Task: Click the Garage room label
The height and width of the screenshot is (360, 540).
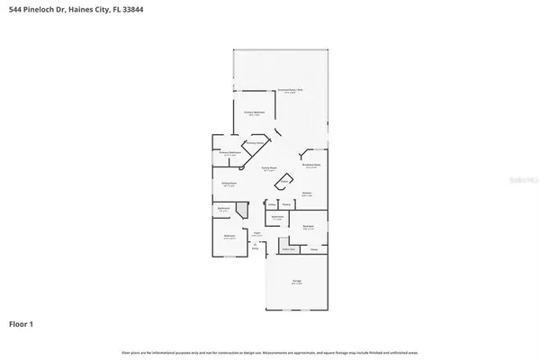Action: click(x=297, y=283)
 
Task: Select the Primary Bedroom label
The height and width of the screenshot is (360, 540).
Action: click(x=253, y=113)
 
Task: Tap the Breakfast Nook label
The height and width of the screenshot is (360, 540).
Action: click(x=313, y=166)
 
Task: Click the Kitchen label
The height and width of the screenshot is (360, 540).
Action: click(x=307, y=193)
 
